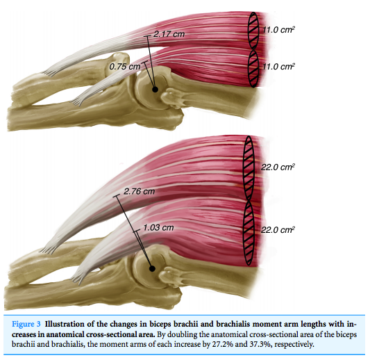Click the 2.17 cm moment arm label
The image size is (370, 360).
(169, 34)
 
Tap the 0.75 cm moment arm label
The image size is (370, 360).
(125, 67)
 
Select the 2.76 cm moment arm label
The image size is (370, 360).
(140, 191)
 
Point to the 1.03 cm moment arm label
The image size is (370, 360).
(158, 227)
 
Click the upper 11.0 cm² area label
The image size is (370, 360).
(278, 30)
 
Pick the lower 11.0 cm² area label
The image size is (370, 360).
(278, 67)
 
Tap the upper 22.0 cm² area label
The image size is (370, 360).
(278, 167)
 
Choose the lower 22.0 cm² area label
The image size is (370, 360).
(278, 229)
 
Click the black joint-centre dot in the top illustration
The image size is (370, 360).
(155, 90)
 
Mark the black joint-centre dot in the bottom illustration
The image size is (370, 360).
(153, 268)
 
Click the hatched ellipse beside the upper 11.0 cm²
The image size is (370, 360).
(253, 31)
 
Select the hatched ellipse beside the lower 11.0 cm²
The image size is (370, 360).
(253, 69)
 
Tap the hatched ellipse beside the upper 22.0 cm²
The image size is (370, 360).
(249, 168)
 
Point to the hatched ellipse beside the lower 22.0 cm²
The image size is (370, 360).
(249, 233)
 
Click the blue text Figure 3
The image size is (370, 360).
(26, 324)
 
